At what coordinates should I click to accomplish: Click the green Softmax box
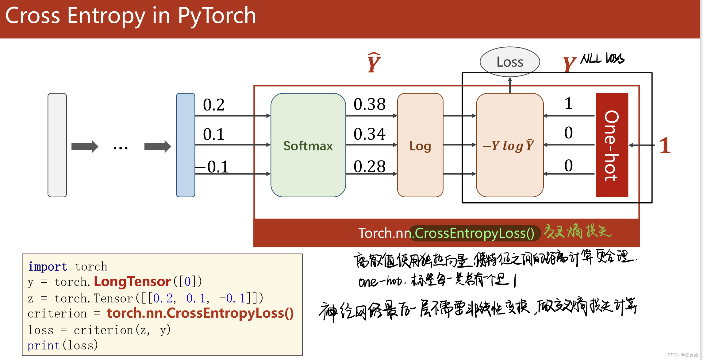tap(308, 145)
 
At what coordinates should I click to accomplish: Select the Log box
tap(420, 145)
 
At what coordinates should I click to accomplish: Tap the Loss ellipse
tap(509, 62)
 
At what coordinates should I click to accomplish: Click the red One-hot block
tap(612, 145)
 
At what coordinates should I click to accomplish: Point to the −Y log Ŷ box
tap(509, 145)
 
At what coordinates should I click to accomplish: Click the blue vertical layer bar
tap(185, 145)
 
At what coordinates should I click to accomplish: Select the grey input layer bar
tap(57, 145)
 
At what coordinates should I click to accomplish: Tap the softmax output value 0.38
tap(369, 104)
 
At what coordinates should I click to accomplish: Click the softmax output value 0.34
tap(369, 134)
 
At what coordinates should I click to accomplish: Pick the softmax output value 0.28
tap(369, 166)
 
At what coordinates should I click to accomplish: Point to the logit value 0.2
tap(214, 105)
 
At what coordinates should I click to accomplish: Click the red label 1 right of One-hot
tap(665, 145)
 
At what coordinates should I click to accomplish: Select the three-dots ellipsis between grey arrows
tap(121, 148)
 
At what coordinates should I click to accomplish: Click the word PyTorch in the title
tap(217, 16)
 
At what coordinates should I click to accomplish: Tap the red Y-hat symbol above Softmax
tap(374, 63)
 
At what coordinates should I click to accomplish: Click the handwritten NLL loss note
tap(602, 58)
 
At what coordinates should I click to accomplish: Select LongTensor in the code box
tap(132, 281)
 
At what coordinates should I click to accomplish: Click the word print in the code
tap(43, 345)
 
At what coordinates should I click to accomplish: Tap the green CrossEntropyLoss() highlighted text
tap(474, 233)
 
